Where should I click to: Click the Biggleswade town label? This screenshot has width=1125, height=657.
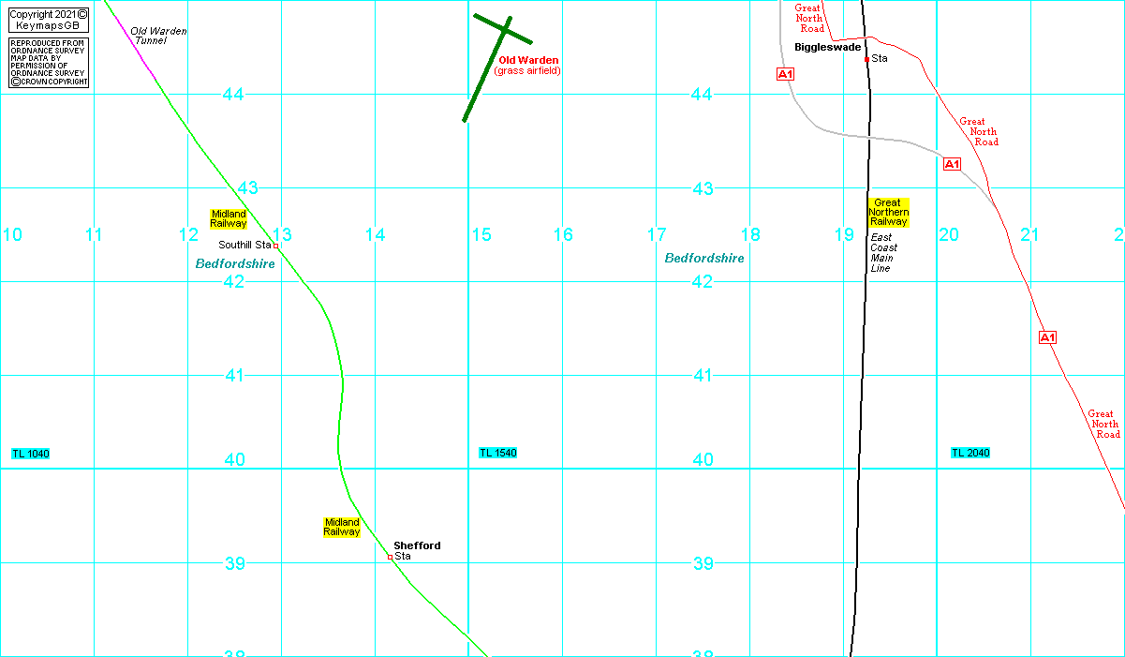click(827, 47)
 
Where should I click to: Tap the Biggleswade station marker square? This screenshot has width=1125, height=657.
click(866, 59)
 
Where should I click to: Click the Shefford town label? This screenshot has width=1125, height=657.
click(417, 545)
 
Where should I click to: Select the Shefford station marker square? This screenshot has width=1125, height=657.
click(390, 557)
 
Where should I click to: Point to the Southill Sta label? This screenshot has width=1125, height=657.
click(244, 245)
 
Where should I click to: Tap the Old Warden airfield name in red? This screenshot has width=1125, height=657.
click(528, 60)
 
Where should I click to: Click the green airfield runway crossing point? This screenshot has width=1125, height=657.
click(504, 31)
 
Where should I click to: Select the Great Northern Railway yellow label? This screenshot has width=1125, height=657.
click(888, 213)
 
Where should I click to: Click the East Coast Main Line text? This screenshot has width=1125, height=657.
click(882, 253)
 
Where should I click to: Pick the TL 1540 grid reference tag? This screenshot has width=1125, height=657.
click(497, 453)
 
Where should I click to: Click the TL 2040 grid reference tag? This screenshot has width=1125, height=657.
click(970, 453)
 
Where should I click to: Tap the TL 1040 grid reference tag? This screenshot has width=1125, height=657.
click(30, 454)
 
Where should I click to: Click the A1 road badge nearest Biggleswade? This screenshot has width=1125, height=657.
click(785, 73)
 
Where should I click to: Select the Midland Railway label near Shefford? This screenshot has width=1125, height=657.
click(342, 527)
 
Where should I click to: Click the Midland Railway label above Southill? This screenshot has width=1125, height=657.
click(229, 218)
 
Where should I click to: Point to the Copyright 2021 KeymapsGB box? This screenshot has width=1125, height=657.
click(49, 19)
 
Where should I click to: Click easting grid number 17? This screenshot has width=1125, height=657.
click(656, 234)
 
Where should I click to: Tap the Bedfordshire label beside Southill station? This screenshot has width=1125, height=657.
click(235, 264)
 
